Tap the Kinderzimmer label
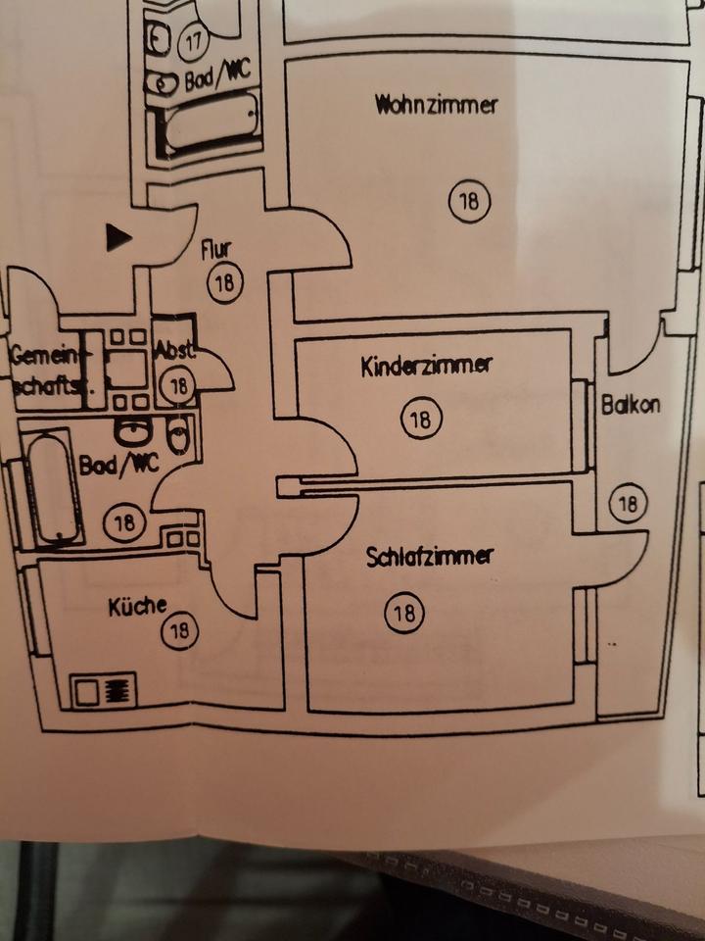point(426,367)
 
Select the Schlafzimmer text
point(430,557)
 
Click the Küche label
point(137,606)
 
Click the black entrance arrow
point(118,236)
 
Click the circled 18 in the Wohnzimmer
point(468,202)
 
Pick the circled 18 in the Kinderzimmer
point(421,420)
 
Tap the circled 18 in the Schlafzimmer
point(402,614)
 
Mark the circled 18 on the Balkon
point(627,504)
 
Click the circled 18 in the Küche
point(179,630)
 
